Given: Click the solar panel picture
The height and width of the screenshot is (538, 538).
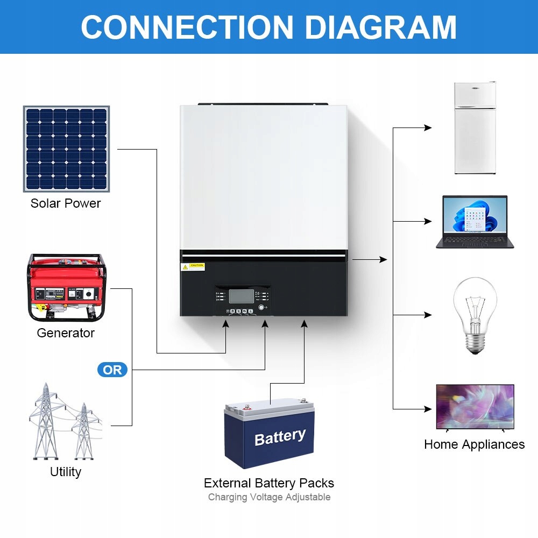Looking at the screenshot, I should point(66,149).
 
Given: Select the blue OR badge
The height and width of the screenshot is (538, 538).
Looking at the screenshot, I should point(112,370).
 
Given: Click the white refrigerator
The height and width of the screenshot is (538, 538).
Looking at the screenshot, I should point(475,128).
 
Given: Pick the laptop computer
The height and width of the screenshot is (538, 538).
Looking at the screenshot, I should point(475,222).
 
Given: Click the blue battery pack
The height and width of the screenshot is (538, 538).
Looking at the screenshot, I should point(269,433).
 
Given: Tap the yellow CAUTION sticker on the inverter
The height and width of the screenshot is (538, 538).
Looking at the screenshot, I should point(194,266).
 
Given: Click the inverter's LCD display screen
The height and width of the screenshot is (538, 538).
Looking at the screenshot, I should point(241,296).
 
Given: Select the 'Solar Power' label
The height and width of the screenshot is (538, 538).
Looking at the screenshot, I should point(66,203).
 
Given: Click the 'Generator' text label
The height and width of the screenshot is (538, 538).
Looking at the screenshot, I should point(66,333).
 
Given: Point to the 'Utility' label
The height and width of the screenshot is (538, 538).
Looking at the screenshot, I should point(66,472).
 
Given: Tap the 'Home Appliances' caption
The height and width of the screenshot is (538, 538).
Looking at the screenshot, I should point(474,444).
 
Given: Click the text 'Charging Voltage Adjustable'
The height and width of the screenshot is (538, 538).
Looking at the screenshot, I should point(269,497).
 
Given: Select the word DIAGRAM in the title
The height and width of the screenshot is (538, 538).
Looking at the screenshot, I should point(380,27).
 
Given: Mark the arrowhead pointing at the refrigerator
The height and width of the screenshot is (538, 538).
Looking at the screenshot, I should point(428,128).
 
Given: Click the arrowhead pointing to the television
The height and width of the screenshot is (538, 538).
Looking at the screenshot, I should point(428,409).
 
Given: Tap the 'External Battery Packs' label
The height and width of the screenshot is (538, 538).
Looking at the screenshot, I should point(269,483).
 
